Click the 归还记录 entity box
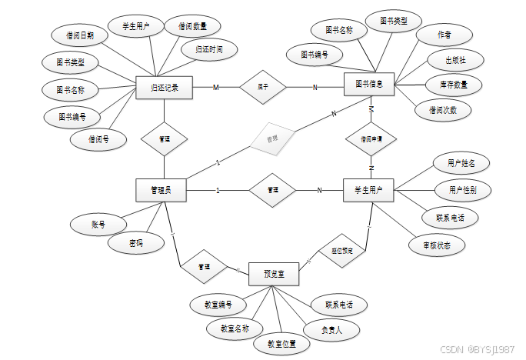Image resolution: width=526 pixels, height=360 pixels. coord(164,88)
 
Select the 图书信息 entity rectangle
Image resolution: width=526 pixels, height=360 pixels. coord(368,83)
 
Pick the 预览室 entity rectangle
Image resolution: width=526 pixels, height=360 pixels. coord(274,274)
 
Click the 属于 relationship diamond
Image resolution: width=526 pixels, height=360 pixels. coord(262,87)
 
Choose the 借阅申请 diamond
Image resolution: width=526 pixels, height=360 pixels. coord(371,140)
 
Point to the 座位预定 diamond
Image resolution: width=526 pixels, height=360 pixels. coord(341,251)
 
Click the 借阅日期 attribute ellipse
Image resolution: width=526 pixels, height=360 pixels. coord(81,35)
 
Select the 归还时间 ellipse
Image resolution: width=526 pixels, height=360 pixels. coord(204,50)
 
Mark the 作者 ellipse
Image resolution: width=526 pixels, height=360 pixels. coord(444,35)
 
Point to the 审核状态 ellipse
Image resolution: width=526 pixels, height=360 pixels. coord(437,245)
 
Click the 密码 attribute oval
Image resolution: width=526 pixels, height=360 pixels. coord(135,243)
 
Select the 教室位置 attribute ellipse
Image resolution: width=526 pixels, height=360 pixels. coord(282,343)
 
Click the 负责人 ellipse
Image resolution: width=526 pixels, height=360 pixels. coord(331,328)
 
